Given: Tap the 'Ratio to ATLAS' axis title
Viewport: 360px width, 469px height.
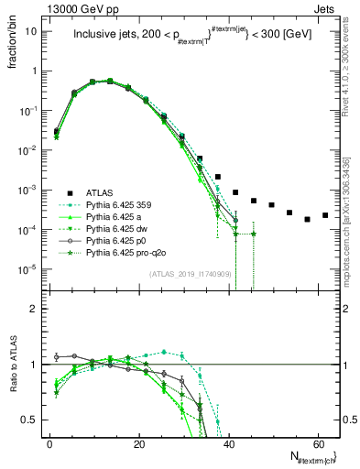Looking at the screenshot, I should click(x=14, y=367).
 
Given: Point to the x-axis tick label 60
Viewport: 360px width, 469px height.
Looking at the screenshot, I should click(x=317, y=442).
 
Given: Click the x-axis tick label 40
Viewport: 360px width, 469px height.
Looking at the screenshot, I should click(x=228, y=442).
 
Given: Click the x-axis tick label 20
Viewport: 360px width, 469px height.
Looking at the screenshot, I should click(x=139, y=442).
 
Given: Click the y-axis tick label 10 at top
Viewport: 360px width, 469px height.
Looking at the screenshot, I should click(x=33, y=30).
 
